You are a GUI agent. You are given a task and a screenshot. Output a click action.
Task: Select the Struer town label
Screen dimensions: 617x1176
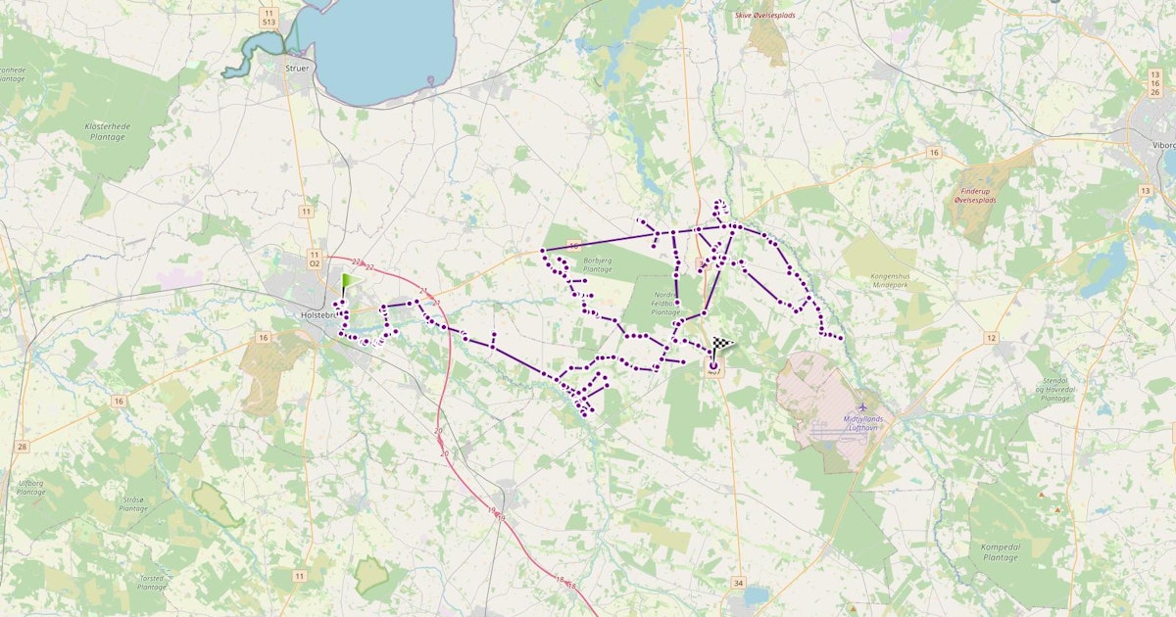pyautogui.click(x=296, y=69)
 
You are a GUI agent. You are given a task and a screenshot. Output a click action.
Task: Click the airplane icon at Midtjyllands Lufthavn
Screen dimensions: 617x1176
pyautogui.click(x=862, y=406)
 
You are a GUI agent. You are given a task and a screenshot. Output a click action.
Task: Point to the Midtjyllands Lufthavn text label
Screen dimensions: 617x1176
pyautogui.click(x=863, y=423)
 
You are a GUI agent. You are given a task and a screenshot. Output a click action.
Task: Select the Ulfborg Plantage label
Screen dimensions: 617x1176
pyautogui.click(x=31, y=487)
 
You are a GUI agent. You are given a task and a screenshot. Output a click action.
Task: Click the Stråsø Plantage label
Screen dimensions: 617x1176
pyautogui.click(x=133, y=504)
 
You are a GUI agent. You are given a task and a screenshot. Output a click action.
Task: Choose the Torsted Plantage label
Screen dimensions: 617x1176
pyautogui.click(x=145, y=582)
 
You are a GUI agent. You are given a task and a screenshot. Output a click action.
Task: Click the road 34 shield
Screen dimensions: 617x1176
pyautogui.click(x=738, y=583)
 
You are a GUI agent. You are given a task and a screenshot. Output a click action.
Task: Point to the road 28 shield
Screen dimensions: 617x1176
pyautogui.click(x=22, y=447)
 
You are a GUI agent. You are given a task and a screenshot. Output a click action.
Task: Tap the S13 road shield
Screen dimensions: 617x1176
pyautogui.click(x=269, y=20)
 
